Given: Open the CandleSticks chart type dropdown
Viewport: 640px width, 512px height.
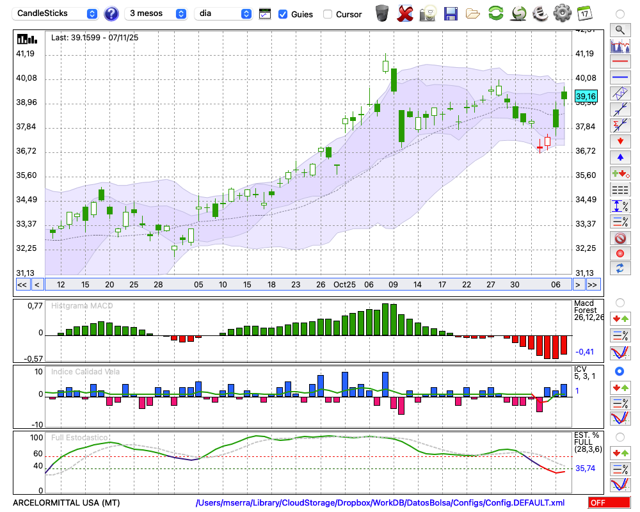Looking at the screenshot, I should pos(56,13).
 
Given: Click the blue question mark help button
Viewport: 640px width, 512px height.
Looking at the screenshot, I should pos(111,13).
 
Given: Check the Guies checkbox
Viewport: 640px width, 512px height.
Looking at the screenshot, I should pos(283,14).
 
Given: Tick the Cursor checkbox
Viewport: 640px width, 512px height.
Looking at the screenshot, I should pos(328,14).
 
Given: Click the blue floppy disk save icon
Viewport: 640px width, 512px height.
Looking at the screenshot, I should pos(451,13).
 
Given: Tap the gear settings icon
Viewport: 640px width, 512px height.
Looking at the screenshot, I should pos(562,13).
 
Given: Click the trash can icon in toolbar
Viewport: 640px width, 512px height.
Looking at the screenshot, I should pos(381,13).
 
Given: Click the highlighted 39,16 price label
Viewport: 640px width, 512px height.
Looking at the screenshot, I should pos(586,97).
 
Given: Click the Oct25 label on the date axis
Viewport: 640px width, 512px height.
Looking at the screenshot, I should pos(344,284).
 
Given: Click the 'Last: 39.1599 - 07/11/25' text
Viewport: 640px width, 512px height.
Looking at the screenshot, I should pos(95,38).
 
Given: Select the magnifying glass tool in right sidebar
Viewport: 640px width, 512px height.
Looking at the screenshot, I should pos(620,29).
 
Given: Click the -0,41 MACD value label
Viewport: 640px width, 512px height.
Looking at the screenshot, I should pos(584,351).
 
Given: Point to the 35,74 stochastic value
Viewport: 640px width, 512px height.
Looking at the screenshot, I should pos(585,468).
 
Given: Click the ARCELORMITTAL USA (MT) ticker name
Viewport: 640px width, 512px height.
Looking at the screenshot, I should pos(66,502).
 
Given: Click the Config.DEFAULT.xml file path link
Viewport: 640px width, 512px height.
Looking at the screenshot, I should pos(380,502).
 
